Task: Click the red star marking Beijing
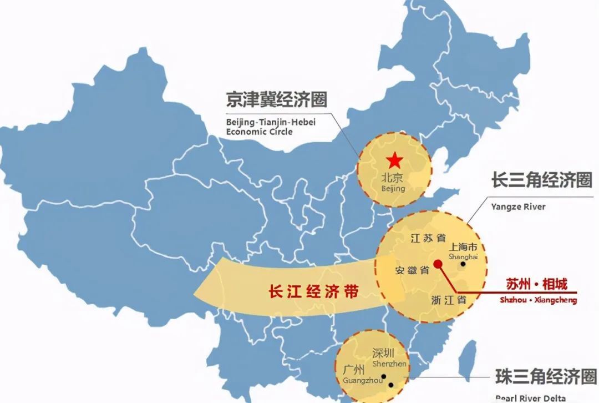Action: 394,161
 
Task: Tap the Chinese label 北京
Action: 393,178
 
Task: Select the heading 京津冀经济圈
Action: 276,100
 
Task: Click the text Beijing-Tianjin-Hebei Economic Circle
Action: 270,127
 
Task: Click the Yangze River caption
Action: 518,207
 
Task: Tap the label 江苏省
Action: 428,238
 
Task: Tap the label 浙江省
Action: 449,299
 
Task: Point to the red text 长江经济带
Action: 313,291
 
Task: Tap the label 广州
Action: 354,370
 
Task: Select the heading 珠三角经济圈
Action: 546,376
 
